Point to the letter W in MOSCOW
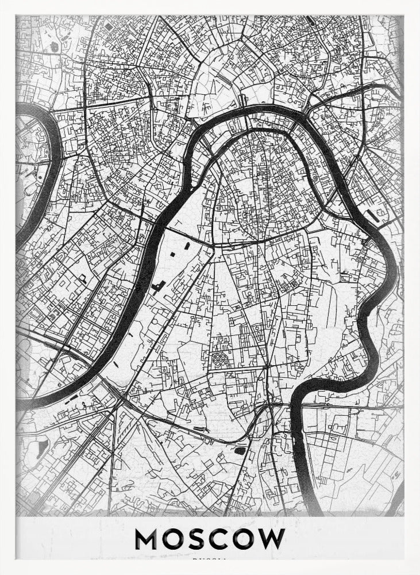(271, 539)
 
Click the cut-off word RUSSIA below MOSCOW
(209, 558)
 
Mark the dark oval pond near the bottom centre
(240, 451)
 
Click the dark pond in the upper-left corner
(55, 46)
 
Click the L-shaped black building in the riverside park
(158, 286)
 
